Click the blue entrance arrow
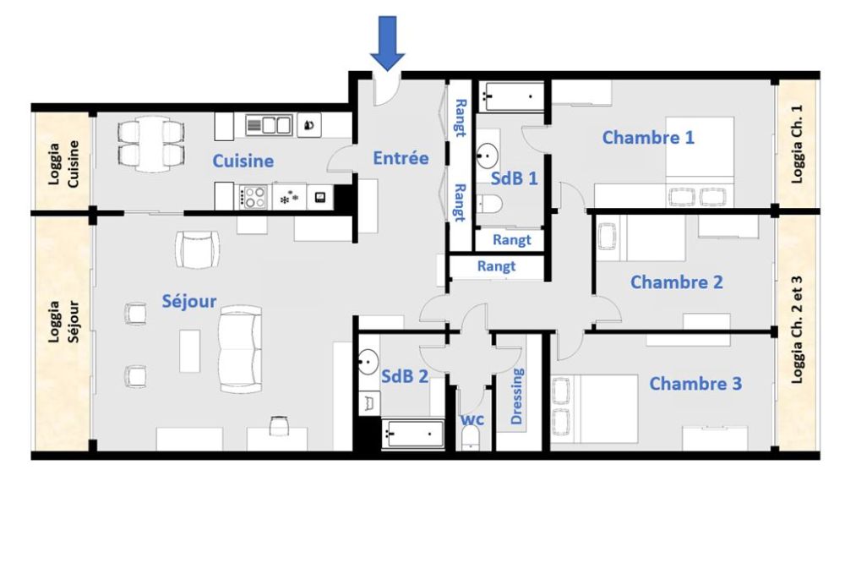(387, 43)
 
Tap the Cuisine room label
(243, 161)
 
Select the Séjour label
(189, 302)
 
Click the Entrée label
(401, 158)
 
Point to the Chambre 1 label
(648, 138)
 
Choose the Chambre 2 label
(676, 282)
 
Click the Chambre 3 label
(695, 384)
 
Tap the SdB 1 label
(514, 178)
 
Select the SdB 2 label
(404, 376)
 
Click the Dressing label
(516, 396)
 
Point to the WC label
(472, 419)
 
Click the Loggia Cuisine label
(63, 164)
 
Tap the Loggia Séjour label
(63, 322)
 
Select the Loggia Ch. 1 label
(797, 144)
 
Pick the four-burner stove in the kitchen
(253, 197)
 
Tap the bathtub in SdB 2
(412, 435)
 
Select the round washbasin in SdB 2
(368, 361)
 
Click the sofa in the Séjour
(240, 349)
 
